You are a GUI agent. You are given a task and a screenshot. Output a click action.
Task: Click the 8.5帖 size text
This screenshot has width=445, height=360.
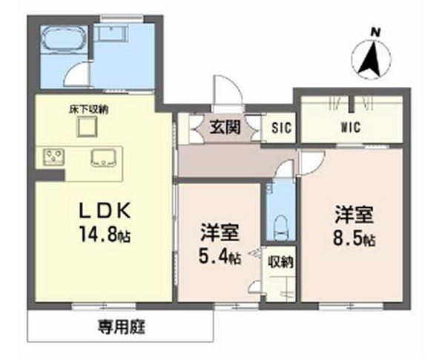point(352,240)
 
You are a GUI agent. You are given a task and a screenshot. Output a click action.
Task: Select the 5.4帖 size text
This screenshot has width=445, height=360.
point(219,258)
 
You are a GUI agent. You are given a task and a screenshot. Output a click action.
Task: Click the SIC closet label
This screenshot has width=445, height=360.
point(280,128)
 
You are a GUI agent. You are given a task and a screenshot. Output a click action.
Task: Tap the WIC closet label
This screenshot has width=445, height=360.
point(350,127)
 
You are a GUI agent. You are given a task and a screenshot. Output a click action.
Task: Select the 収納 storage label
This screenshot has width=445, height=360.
point(280,261)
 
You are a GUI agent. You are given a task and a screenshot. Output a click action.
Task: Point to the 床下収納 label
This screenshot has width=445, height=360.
point(88,109)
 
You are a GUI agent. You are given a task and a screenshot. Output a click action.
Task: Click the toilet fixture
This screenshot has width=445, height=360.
point(280,223)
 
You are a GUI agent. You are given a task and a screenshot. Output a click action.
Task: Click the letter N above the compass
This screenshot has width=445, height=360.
point(376,31)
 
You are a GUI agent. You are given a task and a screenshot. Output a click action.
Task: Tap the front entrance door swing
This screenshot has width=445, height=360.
point(226,93)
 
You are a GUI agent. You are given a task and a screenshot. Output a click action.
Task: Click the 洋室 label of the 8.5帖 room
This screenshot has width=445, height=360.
point(352,215)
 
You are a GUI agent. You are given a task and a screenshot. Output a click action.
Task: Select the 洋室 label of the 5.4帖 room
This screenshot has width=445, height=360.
point(219,233)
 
